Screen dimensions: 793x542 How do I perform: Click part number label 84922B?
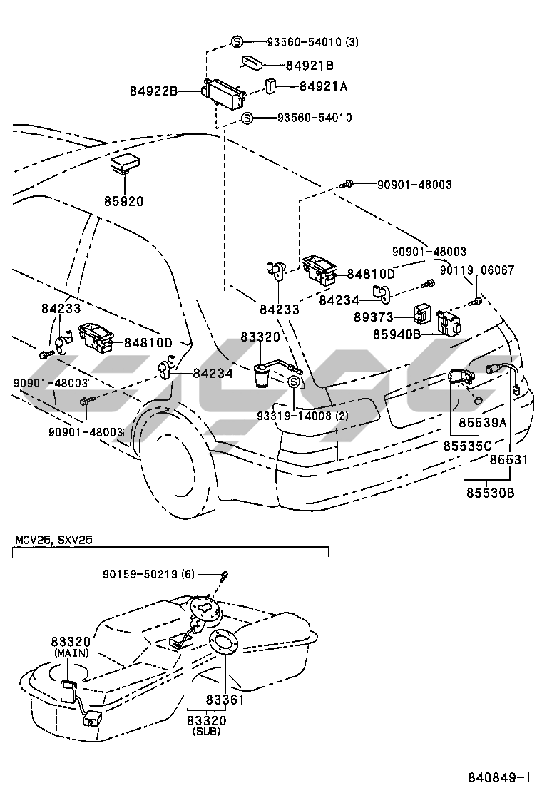[153, 91]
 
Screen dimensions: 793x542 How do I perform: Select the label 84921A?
[323, 86]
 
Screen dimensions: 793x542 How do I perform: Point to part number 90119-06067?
[476, 270]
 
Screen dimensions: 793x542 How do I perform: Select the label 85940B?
[396, 333]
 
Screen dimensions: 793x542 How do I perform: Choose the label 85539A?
[482, 423]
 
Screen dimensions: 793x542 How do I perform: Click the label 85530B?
[491, 492]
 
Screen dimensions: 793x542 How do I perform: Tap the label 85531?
[508, 460]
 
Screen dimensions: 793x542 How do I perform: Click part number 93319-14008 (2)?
[303, 415]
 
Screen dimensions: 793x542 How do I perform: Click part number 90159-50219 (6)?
[148, 574]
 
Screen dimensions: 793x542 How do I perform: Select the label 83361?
[225, 700]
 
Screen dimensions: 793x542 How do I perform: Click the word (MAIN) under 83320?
[69, 653]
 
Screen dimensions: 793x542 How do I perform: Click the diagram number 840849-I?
[498, 777]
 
